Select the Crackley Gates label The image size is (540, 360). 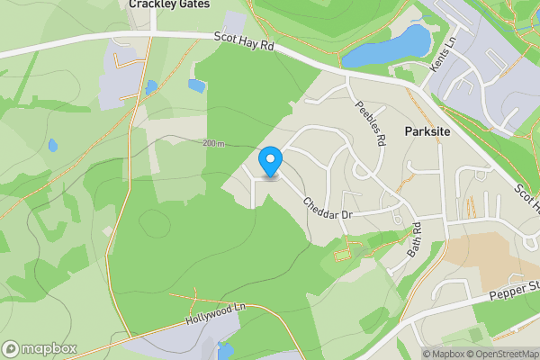click(x=169, y=4)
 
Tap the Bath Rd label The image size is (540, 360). click(x=414, y=240)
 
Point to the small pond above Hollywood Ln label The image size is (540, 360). click(x=195, y=85)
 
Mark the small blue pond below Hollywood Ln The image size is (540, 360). click(x=224, y=350)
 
